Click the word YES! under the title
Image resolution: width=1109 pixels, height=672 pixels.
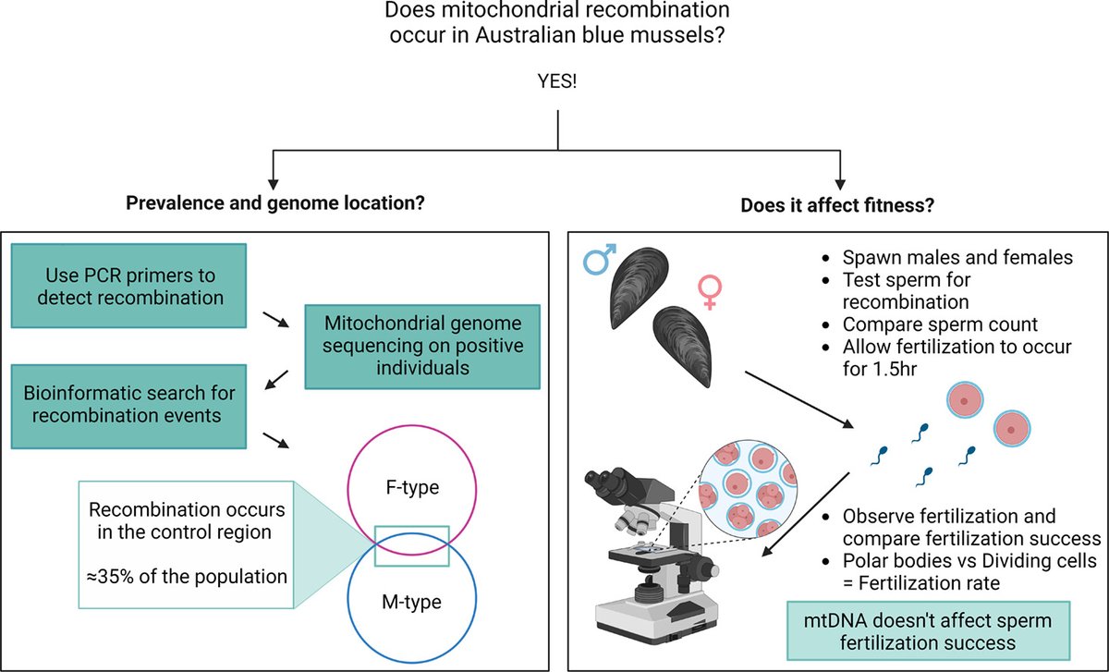557,81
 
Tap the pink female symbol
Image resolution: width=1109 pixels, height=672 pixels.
710,292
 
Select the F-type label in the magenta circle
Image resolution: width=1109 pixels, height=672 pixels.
412,487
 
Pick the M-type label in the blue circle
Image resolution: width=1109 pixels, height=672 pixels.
412,602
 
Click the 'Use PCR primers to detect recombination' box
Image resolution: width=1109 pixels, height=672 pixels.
128,286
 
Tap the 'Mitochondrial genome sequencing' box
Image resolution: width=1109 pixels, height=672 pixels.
422,346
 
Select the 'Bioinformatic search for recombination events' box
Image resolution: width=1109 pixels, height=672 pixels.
128,407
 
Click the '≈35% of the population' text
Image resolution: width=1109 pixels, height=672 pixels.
187,577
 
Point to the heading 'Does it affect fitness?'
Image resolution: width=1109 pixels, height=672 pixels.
837,205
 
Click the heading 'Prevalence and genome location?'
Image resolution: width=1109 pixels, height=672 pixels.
275,203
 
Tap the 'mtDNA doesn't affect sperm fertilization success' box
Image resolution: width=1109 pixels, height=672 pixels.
928,631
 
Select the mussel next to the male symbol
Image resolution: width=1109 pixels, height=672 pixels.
639,287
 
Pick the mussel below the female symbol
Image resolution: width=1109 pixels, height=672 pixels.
683,346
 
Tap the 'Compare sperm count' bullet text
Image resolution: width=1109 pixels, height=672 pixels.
940,324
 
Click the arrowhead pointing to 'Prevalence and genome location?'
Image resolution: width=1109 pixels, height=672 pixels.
274,184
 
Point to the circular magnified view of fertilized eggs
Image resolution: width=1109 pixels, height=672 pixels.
748,489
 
